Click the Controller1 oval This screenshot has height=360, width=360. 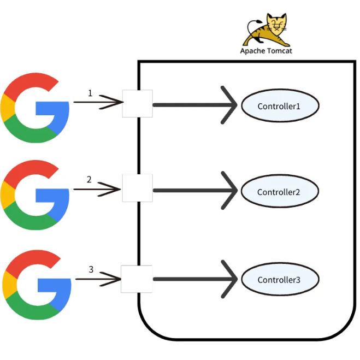point(279,106)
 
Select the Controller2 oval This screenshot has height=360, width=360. point(279,192)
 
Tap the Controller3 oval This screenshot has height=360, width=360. point(279,280)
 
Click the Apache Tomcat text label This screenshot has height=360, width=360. point(265,51)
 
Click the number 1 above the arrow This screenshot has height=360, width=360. point(90,93)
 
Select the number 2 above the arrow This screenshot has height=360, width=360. point(89,179)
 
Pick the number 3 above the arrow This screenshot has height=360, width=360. point(91,269)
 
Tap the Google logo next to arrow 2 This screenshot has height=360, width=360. point(36,194)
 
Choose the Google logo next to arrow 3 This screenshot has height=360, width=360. point(37,285)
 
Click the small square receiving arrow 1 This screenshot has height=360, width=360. point(137,103)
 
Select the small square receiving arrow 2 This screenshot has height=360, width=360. point(137,188)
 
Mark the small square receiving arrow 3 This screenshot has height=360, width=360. point(136,279)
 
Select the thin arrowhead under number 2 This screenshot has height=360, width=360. point(113,190)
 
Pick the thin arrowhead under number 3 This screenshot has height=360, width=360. point(112,279)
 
